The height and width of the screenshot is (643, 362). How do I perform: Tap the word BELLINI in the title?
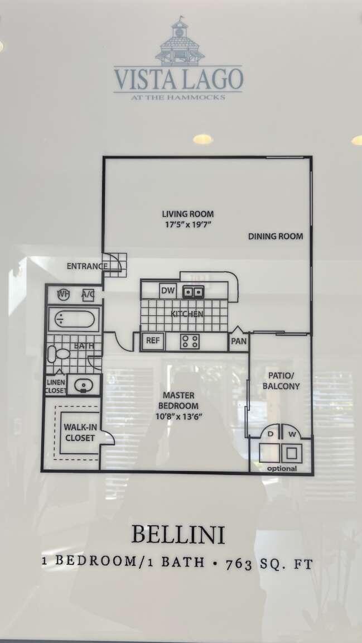click(x=178, y=535)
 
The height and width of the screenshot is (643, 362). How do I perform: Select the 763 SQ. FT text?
click(x=269, y=563)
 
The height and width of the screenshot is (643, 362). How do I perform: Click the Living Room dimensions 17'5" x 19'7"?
click(x=187, y=224)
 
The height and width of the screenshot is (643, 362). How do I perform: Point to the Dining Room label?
click(x=276, y=237)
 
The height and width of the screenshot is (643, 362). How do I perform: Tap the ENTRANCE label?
click(x=87, y=266)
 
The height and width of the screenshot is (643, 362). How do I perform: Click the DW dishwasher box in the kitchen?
click(x=167, y=291)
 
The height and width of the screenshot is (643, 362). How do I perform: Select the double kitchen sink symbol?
click(x=194, y=291)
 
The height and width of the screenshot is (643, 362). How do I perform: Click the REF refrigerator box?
click(x=152, y=340)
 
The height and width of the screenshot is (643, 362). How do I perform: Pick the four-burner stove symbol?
click(x=190, y=342)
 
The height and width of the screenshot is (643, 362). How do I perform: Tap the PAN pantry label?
click(x=239, y=341)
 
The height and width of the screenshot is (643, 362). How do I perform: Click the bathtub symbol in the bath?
click(x=75, y=320)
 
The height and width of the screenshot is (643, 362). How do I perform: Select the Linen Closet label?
click(x=55, y=386)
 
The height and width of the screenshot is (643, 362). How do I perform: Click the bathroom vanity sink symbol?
click(x=84, y=385)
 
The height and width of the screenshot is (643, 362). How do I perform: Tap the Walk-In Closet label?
click(x=80, y=433)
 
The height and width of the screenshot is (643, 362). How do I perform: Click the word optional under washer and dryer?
click(x=282, y=468)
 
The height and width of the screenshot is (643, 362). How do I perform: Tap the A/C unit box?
click(x=88, y=294)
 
